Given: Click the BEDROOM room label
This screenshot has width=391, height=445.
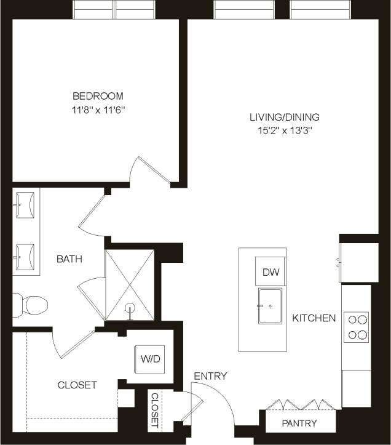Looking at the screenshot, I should tap(98, 96).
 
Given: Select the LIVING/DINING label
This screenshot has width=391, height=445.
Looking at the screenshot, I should tap(284, 117).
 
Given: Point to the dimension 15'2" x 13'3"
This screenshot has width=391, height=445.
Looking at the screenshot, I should tap(284, 130).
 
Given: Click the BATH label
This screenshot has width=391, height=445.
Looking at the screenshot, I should tap(69, 259).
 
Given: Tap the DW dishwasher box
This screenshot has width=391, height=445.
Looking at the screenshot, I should tap(270, 272).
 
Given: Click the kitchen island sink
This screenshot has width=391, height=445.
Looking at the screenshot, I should tap(270, 306).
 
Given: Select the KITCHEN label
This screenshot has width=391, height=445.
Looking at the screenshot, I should tap(314, 318).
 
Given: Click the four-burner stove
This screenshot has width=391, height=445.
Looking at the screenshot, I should tap(357, 327).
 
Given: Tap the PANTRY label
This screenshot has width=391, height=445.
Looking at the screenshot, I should tap(299, 423).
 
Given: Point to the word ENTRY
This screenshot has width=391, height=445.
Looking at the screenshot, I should tap(210, 376).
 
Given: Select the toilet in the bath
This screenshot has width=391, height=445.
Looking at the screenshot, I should tap(31, 304).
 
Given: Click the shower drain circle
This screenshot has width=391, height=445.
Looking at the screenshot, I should tap(130, 307).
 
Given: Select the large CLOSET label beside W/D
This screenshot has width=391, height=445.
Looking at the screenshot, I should tap(77, 385).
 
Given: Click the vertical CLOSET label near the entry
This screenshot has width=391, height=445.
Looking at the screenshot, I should tap(154, 410).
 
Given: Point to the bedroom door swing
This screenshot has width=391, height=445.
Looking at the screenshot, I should tap(151, 170).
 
